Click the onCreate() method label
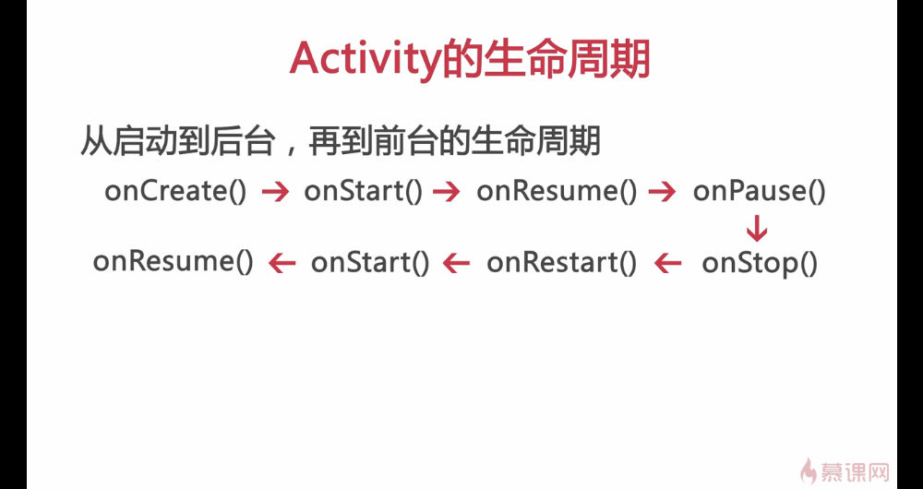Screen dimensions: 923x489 click(175, 191)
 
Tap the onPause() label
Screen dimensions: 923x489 click(759, 191)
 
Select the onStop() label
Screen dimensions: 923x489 click(760, 263)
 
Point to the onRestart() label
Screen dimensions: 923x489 click(561, 262)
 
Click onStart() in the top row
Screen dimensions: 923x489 click(363, 191)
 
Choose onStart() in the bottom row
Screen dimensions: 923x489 click(370, 262)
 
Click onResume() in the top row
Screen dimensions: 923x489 click(557, 191)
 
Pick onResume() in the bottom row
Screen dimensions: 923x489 click(174, 262)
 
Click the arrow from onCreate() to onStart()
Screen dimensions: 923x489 click(275, 192)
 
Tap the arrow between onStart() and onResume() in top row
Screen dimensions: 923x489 click(446, 192)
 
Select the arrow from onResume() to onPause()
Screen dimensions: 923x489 click(662, 192)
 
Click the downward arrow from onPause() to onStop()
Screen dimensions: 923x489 click(757, 229)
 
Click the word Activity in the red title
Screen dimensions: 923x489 click(365, 60)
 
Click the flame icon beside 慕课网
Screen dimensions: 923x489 click(809, 471)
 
